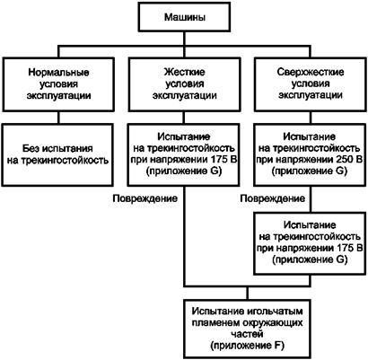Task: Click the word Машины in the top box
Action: (x=185, y=17)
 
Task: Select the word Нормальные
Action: (x=58, y=73)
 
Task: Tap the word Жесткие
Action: (x=185, y=72)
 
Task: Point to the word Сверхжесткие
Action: (x=311, y=72)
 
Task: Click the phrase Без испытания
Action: (x=58, y=149)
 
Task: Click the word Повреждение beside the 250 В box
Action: (x=273, y=198)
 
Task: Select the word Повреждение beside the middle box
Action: (x=145, y=198)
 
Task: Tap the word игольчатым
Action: (x=275, y=312)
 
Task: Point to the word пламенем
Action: (x=215, y=323)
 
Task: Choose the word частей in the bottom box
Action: (x=247, y=334)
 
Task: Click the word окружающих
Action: (x=272, y=323)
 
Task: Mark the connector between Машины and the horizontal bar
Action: (x=185, y=39)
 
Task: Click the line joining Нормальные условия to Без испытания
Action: (x=58, y=118)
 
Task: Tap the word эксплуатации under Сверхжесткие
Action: (x=311, y=95)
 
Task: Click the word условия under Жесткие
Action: (x=185, y=83)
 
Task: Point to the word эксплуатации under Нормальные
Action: (x=58, y=95)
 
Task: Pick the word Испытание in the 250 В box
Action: (x=310, y=137)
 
